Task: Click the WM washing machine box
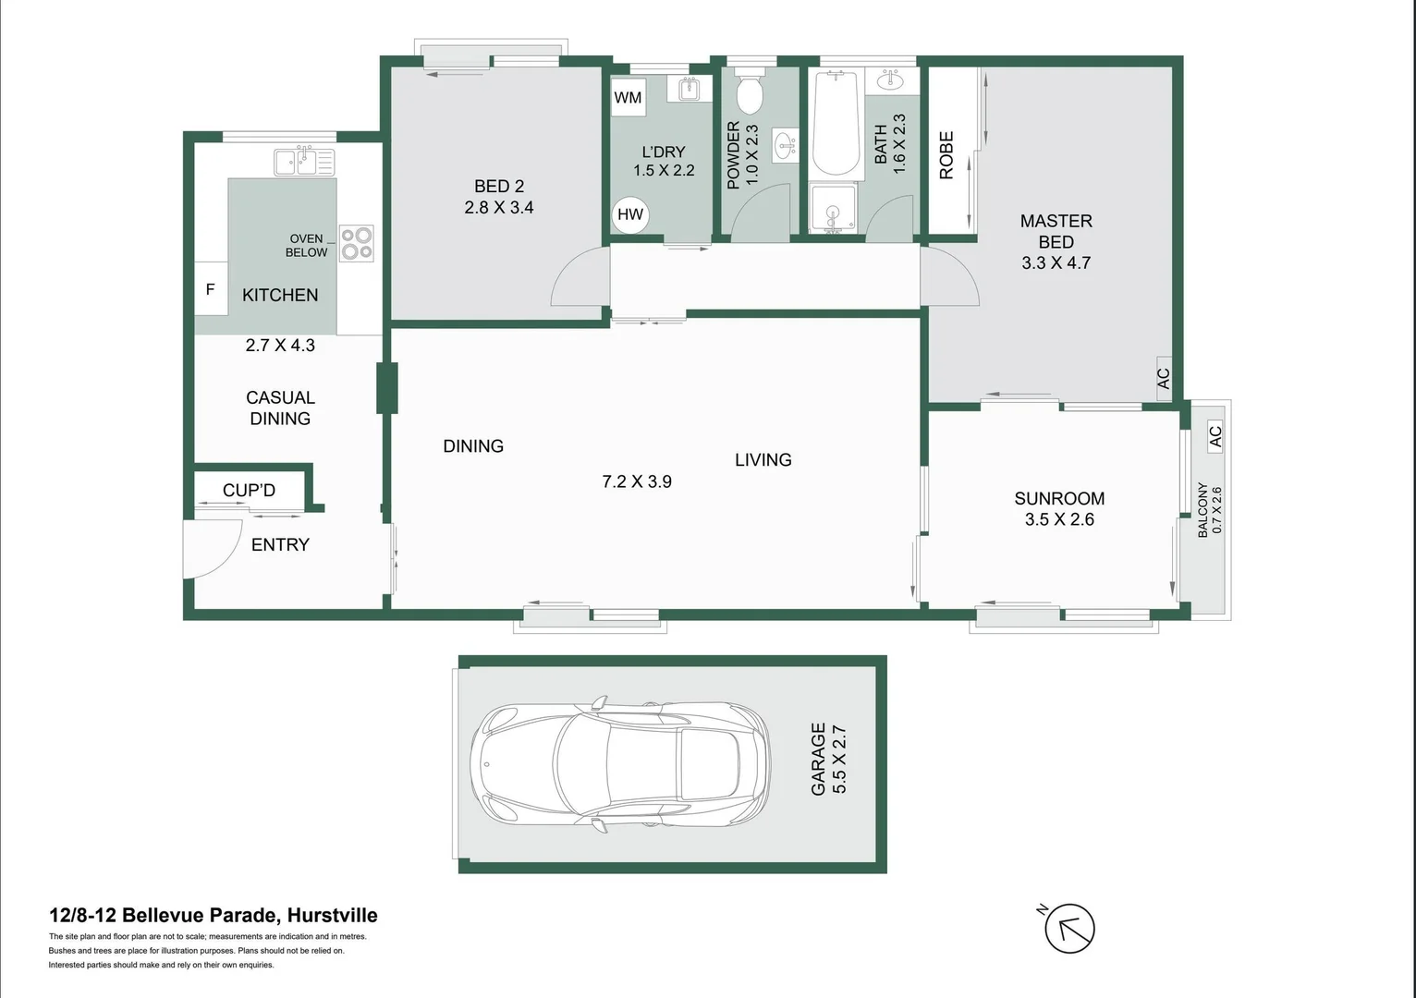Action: point(628,98)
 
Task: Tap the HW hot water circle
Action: point(630,214)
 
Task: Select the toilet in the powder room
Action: point(748,93)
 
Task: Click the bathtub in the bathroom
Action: point(836,123)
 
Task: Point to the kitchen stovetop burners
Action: point(356,243)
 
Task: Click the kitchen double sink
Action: point(304,163)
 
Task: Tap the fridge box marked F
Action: point(210,289)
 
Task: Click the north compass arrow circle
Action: point(1069,929)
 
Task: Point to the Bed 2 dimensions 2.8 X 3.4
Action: point(499,208)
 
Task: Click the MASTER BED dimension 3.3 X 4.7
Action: point(1056,263)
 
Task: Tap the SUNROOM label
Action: point(1059,499)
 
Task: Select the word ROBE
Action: point(946,155)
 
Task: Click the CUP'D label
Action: point(249,491)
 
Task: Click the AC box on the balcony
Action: point(1215,435)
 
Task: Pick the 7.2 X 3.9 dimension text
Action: point(637,481)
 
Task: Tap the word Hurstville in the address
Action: point(332,916)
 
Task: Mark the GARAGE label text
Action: point(818,760)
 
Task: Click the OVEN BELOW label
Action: point(306,245)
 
